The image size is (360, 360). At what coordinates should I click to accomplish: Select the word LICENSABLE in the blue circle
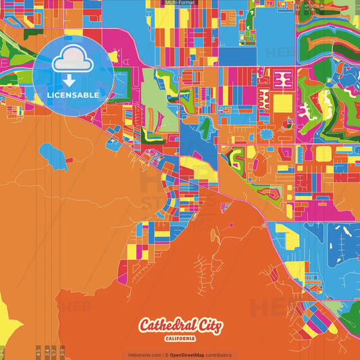coord(73,95)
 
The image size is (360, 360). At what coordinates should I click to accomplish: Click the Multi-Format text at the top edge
coord(180,3)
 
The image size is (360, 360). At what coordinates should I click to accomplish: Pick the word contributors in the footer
coord(219,355)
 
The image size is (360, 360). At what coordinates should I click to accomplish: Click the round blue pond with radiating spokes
coord(266,134)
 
